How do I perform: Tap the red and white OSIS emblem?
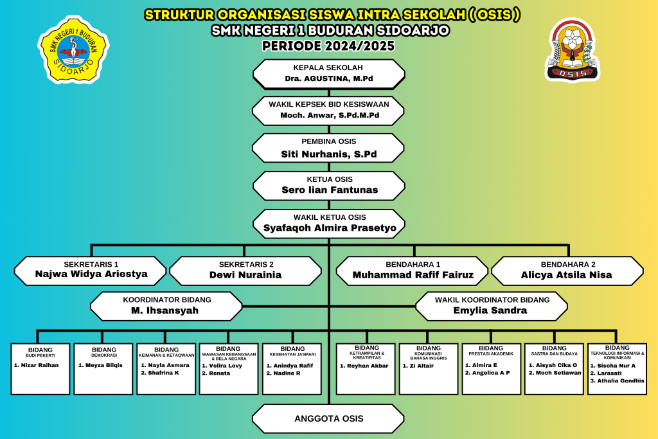(572, 49)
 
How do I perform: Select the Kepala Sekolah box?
(328, 73)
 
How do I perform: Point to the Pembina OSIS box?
(328, 148)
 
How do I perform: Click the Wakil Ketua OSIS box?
(329, 222)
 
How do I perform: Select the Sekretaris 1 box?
(91, 269)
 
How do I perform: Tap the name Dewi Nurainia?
(245, 275)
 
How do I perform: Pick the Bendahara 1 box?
(413, 269)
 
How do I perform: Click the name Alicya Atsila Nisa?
(567, 275)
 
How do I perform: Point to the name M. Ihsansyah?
(166, 310)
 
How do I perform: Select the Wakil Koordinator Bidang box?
(492, 305)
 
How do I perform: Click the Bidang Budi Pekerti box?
(40, 368)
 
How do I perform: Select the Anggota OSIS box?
(328, 418)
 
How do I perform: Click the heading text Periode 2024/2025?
(328, 46)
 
